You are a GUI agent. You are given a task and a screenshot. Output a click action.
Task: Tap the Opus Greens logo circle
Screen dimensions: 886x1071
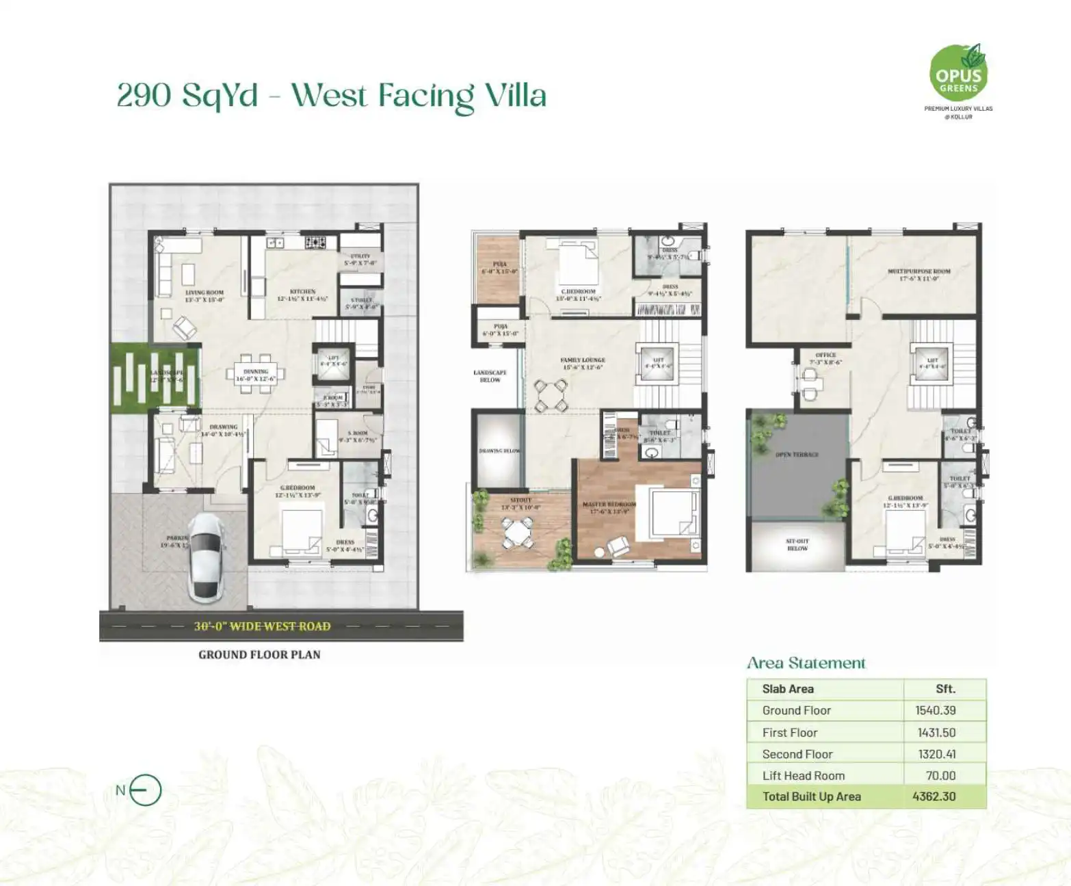(x=957, y=74)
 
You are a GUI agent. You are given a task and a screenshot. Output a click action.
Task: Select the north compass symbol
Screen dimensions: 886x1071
(x=144, y=790)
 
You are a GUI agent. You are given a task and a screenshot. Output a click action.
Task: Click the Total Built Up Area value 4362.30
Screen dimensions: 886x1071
(x=934, y=796)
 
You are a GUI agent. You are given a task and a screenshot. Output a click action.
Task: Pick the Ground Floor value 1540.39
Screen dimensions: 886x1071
(x=935, y=710)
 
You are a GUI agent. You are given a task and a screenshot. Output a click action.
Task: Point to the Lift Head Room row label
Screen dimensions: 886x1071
(x=803, y=775)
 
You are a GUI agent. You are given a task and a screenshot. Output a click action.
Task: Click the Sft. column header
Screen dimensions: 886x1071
(x=945, y=689)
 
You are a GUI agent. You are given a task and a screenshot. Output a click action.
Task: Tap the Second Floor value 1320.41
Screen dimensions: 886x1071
(x=936, y=754)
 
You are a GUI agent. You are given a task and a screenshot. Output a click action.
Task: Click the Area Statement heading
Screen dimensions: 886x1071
(x=806, y=662)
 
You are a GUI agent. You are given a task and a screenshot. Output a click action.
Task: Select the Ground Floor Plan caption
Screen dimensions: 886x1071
(x=259, y=654)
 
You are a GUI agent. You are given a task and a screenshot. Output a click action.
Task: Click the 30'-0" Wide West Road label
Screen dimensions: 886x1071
(x=262, y=626)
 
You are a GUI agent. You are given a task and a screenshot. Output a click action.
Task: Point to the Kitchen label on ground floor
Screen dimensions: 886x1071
(x=302, y=291)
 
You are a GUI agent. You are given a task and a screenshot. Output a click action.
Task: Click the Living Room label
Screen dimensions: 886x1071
(x=204, y=293)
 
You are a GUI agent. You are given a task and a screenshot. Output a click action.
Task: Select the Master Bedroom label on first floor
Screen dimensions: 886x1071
(x=609, y=505)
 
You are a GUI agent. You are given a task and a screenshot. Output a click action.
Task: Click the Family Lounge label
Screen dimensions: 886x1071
(x=583, y=360)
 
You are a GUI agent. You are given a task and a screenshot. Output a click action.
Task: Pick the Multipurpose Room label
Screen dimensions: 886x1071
(x=918, y=271)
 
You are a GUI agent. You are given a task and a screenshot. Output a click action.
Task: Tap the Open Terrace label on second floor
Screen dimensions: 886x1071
(x=797, y=455)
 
